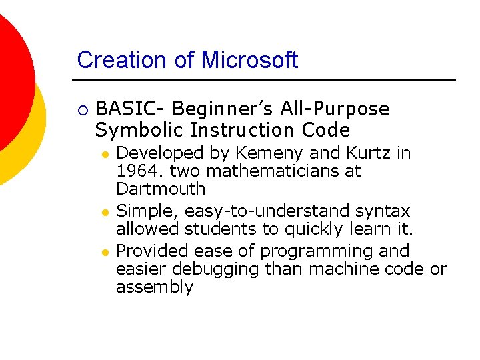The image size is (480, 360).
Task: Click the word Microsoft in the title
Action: coord(249,60)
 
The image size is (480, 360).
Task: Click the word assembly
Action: coord(155,287)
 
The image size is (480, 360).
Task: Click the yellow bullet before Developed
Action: coord(105,154)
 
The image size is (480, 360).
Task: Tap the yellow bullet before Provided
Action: coord(105,252)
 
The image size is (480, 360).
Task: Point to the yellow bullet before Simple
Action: coord(105,212)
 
